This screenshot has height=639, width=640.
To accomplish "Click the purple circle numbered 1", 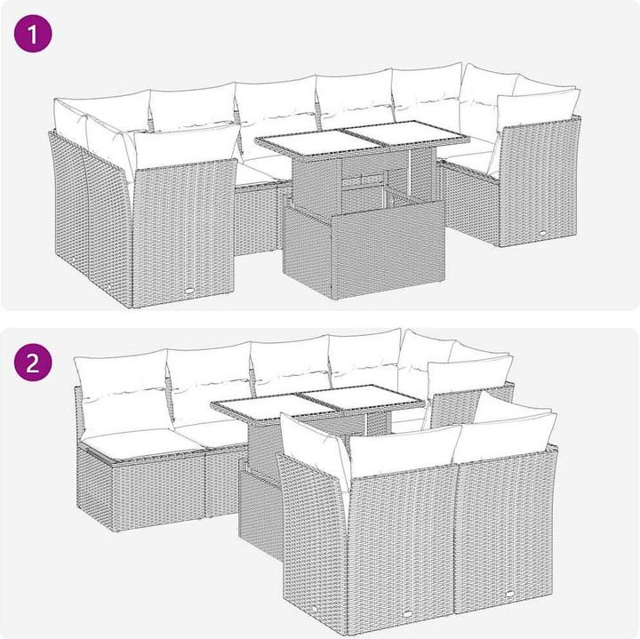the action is (x=33, y=34).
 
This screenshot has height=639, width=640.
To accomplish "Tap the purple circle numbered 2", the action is (x=33, y=363).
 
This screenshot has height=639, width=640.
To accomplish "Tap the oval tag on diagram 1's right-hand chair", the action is (x=543, y=233).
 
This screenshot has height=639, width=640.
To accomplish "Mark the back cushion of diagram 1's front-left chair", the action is (x=187, y=145).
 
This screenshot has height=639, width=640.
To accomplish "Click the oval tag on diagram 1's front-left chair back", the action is (x=190, y=291).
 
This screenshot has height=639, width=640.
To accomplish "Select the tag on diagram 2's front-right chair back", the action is (x=510, y=594).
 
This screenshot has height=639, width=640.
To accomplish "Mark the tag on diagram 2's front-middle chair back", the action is (x=408, y=613).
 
